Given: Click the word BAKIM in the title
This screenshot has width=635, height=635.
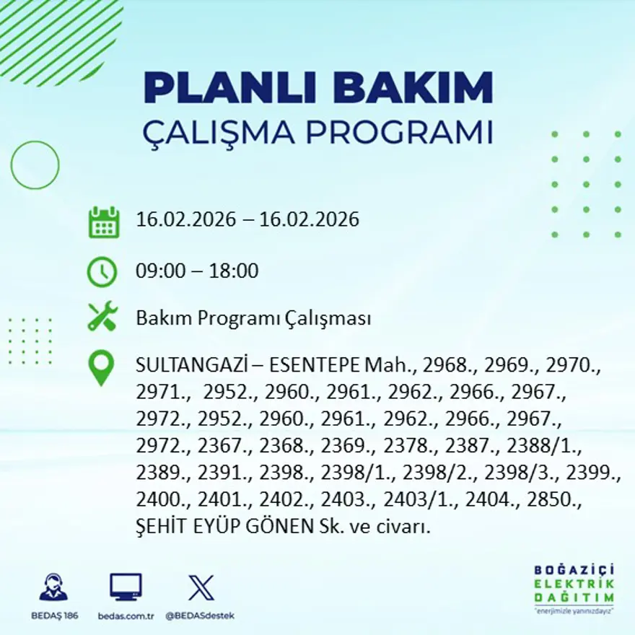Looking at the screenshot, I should (413, 88).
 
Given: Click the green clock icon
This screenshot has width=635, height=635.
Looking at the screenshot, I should (102, 271).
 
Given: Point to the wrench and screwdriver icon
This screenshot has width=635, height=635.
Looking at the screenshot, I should (102, 317).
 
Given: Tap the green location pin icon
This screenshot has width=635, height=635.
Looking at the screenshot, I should (101, 367).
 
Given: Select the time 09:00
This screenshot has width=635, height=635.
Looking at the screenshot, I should (159, 272).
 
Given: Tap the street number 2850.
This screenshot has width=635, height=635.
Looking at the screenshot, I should (559, 500).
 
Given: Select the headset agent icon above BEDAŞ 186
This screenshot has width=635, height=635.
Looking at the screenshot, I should (53, 587).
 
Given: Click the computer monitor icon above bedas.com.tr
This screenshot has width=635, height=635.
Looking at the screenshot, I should (126, 587).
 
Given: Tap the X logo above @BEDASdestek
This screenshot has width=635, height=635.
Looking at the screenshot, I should (201, 587).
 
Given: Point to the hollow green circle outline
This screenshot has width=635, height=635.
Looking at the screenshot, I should (35, 165).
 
